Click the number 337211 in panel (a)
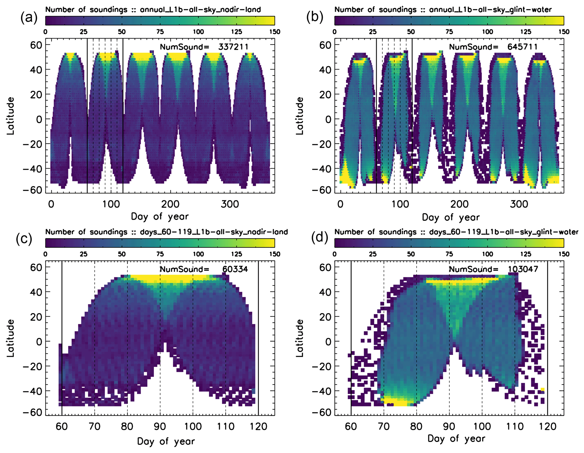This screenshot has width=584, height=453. tap(233, 47)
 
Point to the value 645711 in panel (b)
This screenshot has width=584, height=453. tap(522, 47)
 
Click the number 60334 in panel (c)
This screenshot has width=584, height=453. tap(235, 269)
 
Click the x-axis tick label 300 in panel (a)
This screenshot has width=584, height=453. tap(230, 204)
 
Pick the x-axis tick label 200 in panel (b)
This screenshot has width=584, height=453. tap(460, 204)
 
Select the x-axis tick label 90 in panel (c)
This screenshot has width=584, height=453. tap(160, 426)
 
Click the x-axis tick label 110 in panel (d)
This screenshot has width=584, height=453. tap(515, 426)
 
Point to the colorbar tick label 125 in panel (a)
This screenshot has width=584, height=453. tap(236, 32)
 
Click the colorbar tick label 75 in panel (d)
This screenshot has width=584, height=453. tap(449, 254)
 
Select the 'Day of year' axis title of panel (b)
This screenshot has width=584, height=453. tap(451, 217)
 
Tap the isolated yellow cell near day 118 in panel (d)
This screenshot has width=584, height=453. tap(542, 390)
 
